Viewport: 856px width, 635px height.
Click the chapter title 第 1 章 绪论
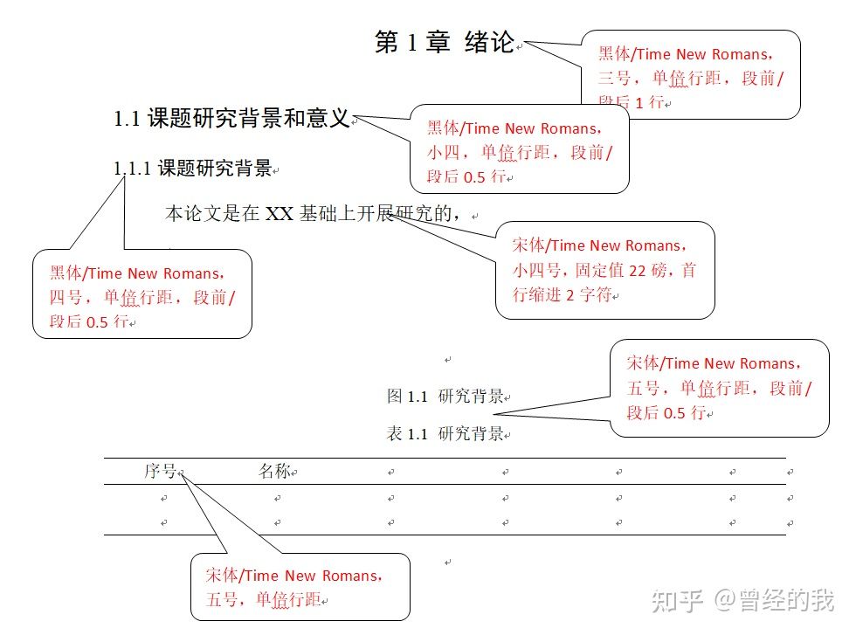[x=445, y=43]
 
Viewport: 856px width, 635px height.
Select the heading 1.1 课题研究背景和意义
[x=231, y=119]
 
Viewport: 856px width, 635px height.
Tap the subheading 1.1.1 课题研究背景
[x=193, y=169]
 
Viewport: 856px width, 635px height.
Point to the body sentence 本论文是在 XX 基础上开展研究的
[x=311, y=214]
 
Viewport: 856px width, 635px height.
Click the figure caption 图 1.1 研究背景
[x=445, y=397]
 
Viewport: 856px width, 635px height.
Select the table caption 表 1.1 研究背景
[x=445, y=434]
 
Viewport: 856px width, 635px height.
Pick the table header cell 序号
[x=161, y=472]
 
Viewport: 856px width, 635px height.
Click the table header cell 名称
[x=273, y=472]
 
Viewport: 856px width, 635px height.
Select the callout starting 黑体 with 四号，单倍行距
[x=142, y=297]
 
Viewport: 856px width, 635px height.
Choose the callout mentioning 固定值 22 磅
[x=604, y=270]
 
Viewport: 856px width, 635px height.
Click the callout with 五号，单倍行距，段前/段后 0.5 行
[x=718, y=388]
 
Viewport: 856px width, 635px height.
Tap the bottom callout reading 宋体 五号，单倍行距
[x=300, y=587]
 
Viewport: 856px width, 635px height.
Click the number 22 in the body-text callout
[x=637, y=271]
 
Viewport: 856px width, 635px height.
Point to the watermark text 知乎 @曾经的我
[x=742, y=601]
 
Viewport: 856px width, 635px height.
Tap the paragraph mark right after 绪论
[x=520, y=47]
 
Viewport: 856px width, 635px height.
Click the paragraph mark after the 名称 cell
[x=294, y=473]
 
